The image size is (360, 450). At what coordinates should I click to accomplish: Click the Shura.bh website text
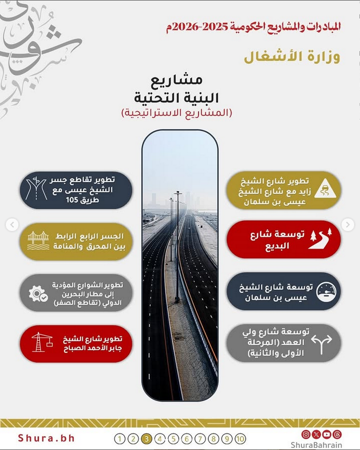point(46,438)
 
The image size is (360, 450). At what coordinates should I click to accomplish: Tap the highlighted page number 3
point(147,438)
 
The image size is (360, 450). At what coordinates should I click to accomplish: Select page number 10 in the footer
point(240,438)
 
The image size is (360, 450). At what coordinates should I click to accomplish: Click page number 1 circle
point(120,438)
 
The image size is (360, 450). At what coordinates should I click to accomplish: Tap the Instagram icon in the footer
point(305,434)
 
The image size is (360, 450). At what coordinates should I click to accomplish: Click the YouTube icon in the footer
point(327,434)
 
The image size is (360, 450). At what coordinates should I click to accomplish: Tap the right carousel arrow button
point(348,225)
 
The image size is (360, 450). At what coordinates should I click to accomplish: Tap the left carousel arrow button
point(12,225)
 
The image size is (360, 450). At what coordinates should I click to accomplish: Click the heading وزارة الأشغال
point(292,56)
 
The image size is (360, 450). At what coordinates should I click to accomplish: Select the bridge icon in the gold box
point(38,241)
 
